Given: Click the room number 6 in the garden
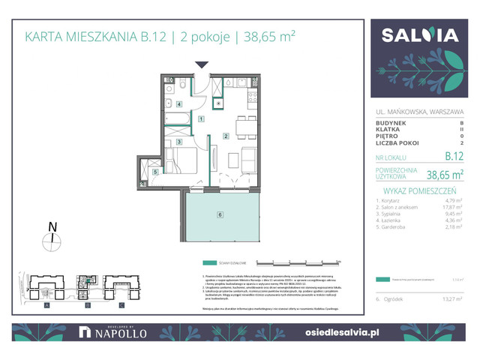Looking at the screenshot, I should tap(220, 215).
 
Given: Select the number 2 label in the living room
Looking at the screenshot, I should tap(225, 136).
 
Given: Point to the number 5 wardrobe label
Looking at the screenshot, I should tap(154, 172).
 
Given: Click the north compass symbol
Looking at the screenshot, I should tap(51, 239).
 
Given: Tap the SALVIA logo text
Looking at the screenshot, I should tap(420, 37).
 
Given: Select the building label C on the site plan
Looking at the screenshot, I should tap(124, 306).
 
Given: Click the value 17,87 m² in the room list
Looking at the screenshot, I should tap(451, 208).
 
